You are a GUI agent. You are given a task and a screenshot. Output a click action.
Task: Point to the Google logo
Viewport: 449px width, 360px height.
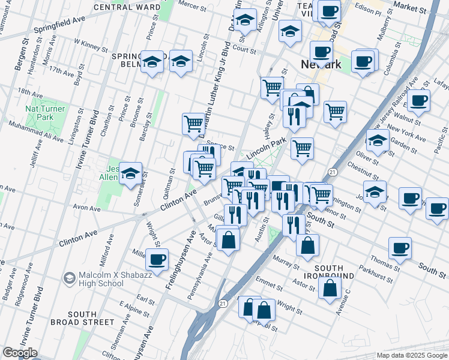tap(20, 353)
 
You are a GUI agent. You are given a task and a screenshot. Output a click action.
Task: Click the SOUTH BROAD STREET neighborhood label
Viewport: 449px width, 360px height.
tap(90, 318)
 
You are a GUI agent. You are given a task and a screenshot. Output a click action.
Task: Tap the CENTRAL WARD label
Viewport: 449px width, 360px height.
tap(127, 7)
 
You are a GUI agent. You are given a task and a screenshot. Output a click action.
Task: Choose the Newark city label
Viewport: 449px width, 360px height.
tap(321, 65)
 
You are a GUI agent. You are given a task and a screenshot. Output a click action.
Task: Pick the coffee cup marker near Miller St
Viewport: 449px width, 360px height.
tap(157, 260)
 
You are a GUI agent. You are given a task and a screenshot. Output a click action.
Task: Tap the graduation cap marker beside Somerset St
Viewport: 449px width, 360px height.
tap(130, 174)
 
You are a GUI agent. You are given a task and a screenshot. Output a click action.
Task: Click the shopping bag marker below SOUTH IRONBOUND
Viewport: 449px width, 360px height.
tap(331, 287)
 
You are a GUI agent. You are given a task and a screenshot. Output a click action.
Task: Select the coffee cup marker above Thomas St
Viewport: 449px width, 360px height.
tap(400, 247)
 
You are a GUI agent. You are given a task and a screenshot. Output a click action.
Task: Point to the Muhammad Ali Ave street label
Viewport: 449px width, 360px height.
tap(35, 132)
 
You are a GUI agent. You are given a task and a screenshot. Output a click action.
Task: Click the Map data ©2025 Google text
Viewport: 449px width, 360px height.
tap(411, 355)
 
